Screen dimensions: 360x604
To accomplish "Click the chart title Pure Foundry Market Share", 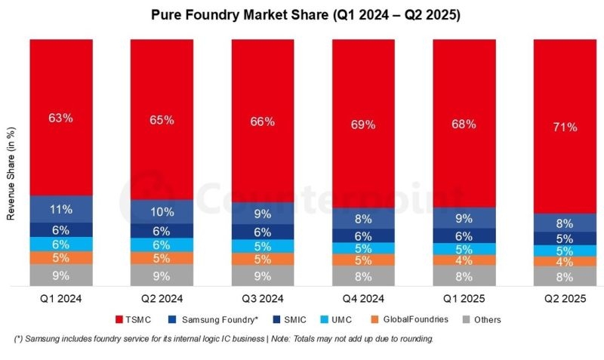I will pyautogui.click(x=302, y=14).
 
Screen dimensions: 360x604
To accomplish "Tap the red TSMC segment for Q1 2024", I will pyautogui.click(x=61, y=118).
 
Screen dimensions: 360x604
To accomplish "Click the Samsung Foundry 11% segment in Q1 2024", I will pyautogui.click(x=61, y=209).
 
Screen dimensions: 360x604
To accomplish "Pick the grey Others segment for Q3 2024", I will pyautogui.click(x=263, y=275).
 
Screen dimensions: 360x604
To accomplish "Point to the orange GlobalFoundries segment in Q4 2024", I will pyautogui.click(x=363, y=260).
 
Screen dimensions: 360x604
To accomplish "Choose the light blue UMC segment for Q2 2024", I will pyautogui.click(x=162, y=245).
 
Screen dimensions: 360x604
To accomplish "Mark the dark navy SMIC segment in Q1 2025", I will pyautogui.click(x=464, y=235).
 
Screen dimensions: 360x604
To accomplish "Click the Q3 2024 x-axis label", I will pyautogui.click(x=263, y=297).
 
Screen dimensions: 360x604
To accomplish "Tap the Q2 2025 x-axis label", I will pyautogui.click(x=564, y=297).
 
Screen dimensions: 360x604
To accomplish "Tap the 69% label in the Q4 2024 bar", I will pyautogui.click(x=363, y=125).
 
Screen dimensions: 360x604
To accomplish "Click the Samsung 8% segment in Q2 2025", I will pyautogui.click(x=564, y=223).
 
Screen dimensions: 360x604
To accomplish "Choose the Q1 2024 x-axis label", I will pyautogui.click(x=61, y=297).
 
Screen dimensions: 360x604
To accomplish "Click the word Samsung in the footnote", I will pyautogui.click(x=43, y=339).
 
